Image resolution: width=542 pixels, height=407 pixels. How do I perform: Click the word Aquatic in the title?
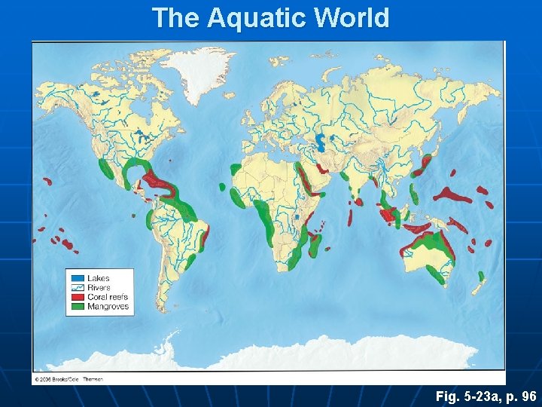tap(247, 17)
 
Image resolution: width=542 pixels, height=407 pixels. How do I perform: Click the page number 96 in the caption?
tap(528, 396)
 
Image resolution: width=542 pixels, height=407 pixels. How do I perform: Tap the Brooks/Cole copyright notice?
tap(68, 378)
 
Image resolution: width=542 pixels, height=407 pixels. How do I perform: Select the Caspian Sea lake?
tap(321, 141)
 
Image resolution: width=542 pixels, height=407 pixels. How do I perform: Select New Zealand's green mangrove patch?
tap(481, 277)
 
